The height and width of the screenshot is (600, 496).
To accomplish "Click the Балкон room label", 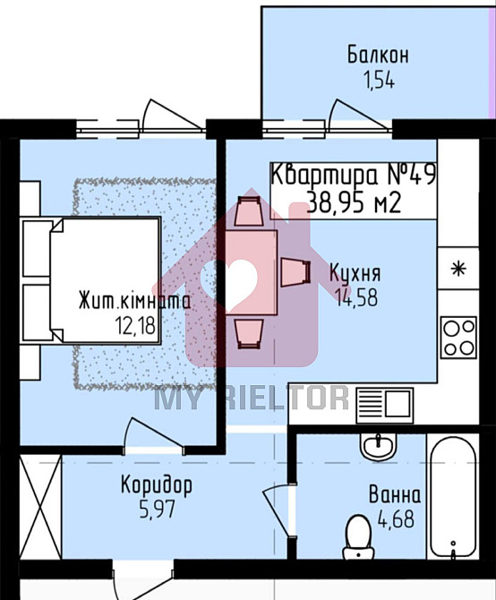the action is tap(378, 56).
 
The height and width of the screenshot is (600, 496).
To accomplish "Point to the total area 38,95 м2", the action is tap(355, 202).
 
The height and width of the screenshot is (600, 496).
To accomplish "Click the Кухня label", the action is tap(355, 273).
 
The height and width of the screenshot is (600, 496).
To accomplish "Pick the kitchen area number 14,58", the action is tap(356, 297).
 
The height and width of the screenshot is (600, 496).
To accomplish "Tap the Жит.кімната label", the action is tap(134, 301).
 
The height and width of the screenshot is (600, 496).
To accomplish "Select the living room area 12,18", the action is tap(135, 326).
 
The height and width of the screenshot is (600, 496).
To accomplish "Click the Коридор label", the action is tap(157, 486).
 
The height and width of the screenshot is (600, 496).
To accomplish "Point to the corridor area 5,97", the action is tap(158, 510).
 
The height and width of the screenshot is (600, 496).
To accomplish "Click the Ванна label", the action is tap(395, 494).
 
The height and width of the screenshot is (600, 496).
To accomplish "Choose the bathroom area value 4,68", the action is tap(396, 519).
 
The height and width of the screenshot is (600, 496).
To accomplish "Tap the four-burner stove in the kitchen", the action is tap(458, 337).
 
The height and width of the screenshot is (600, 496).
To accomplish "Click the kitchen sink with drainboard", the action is tap(384, 406).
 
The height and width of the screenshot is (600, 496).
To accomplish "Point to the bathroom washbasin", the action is tap(378, 448).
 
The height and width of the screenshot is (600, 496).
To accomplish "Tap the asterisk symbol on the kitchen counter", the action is tap(458, 269).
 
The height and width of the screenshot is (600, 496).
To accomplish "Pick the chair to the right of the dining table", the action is tap(295, 272).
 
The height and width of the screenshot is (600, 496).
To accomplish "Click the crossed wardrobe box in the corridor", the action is tap(40, 508).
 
